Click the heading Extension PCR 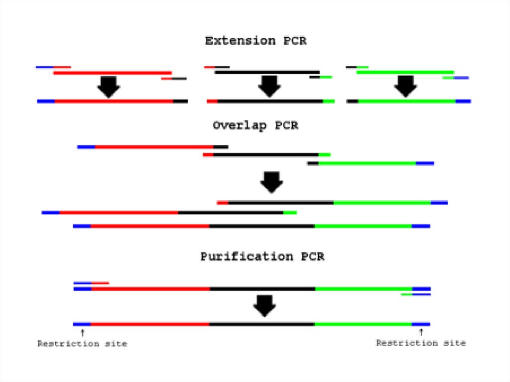click(255, 41)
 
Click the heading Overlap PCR click(255, 126)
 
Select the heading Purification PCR click(262, 257)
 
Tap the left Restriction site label click(82, 344)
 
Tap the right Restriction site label click(421, 343)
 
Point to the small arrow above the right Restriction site click(421, 332)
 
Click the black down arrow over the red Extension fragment click(108, 87)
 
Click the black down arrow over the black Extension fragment click(269, 86)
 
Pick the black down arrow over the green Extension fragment click(405, 86)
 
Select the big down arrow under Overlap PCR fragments click(271, 182)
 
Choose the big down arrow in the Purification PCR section click(264, 306)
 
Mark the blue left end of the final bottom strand click(82, 324)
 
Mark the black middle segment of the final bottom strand click(262, 324)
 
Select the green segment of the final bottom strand click(363, 324)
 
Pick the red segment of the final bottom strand click(150, 324)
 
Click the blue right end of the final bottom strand click(421, 324)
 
